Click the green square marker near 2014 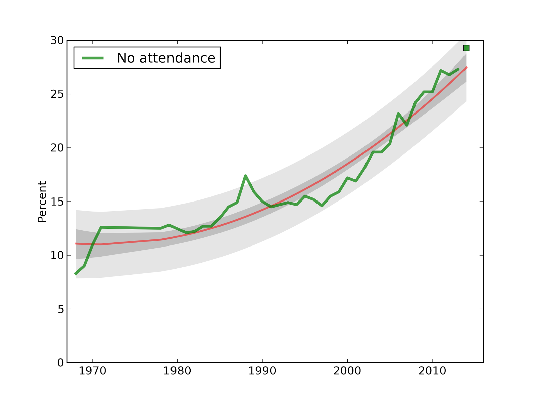coord(466,48)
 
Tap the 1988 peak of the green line coord(246,176)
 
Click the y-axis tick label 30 coord(57,41)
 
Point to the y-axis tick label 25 coord(57,94)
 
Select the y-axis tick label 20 coord(57,148)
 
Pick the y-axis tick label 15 coord(57,202)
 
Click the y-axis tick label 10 coord(57,256)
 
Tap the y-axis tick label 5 coord(60,309)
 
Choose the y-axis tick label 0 coord(60,363)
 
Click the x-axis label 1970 coord(92,371)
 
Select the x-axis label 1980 coord(177,371)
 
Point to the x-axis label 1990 coord(262,371)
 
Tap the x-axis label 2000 coord(347,371)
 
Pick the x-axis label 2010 coord(432,371)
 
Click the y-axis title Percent coord(42,202)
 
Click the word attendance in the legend coord(177,58)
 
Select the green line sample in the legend coord(93,58)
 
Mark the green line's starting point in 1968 coord(76,274)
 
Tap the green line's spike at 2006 coord(398,114)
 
